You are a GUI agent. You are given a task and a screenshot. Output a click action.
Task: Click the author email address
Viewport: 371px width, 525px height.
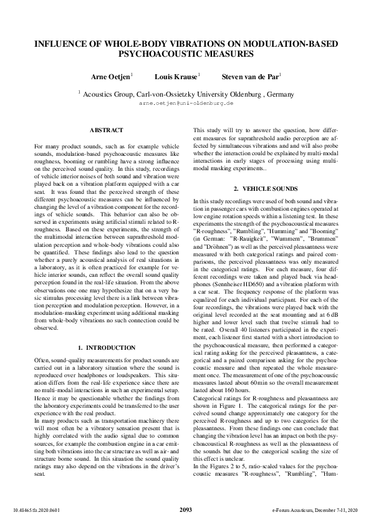click(x=186, y=102)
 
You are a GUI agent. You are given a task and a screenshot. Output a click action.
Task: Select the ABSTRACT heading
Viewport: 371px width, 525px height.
click(x=107, y=130)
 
